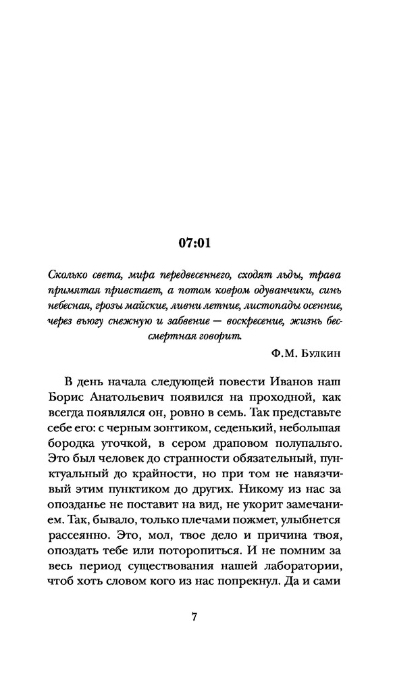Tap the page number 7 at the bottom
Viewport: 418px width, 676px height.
click(194, 617)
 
